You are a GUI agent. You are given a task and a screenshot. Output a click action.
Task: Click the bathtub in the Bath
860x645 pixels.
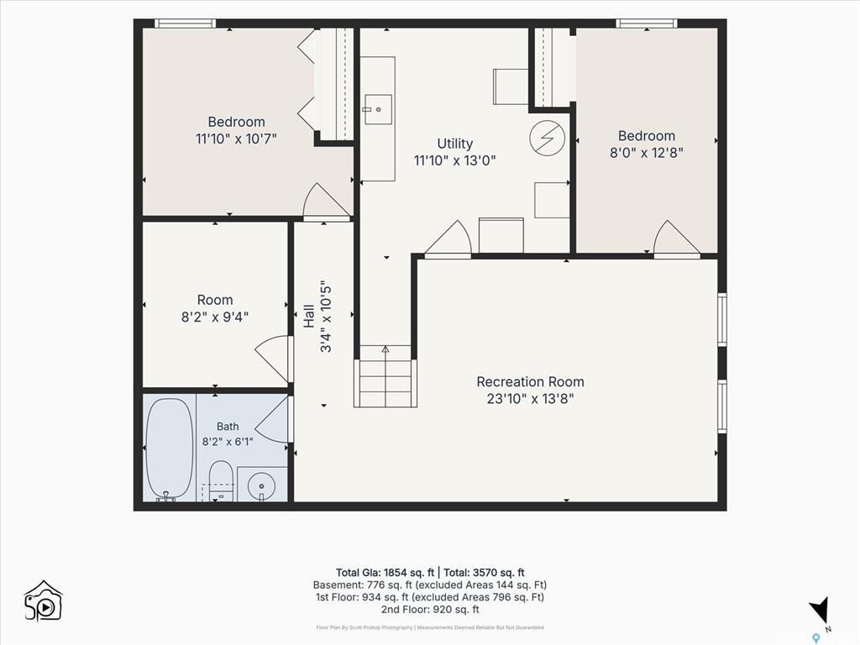click(170, 448)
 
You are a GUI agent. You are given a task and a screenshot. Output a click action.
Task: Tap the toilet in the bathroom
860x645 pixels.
click(222, 480)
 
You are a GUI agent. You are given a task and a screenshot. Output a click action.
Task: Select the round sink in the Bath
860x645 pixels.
click(261, 485)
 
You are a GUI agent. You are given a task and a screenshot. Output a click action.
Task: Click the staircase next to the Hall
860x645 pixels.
click(385, 376)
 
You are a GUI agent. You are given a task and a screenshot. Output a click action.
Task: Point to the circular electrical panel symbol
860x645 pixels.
click(548, 138)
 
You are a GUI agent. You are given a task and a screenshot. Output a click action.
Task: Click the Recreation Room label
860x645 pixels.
click(531, 382)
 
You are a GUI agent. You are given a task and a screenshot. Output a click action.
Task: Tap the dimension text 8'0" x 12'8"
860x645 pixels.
click(647, 153)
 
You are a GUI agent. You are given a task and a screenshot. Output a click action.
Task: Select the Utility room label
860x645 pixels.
click(454, 144)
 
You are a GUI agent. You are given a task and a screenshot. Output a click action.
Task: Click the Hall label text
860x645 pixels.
click(309, 317)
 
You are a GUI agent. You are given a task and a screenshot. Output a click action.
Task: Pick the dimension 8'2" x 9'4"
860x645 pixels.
click(215, 317)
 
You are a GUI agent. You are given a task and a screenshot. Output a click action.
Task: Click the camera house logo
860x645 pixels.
click(44, 601)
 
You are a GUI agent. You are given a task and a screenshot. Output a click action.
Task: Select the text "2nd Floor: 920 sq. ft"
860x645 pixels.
click(430, 610)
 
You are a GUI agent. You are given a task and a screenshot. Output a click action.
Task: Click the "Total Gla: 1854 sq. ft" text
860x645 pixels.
click(385, 573)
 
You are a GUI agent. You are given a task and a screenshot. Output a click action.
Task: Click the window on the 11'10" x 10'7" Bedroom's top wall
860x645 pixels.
click(185, 23)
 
